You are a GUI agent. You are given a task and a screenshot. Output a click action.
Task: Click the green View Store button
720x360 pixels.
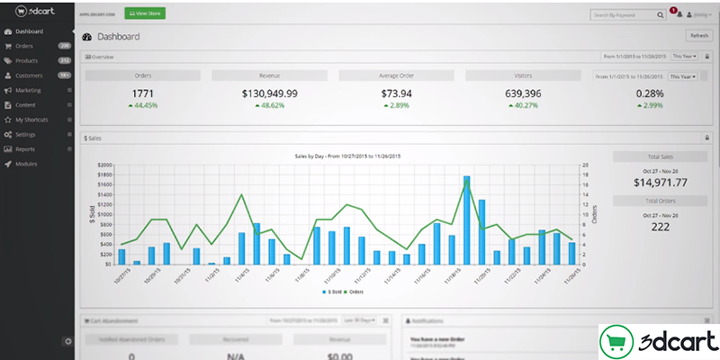pyautogui.click(x=145, y=14)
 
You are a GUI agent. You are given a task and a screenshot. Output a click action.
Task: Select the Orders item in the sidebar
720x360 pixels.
pyautogui.click(x=24, y=46)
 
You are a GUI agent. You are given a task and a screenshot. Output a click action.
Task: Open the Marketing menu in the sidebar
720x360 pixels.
pyautogui.click(x=28, y=90)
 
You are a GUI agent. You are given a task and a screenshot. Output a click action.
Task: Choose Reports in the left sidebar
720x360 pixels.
pyautogui.click(x=25, y=148)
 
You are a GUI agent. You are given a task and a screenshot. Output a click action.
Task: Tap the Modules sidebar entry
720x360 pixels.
pyautogui.click(x=26, y=164)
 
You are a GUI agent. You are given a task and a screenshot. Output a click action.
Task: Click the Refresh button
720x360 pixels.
pyautogui.click(x=698, y=36)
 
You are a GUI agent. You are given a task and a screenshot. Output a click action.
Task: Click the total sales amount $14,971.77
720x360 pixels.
pyautogui.click(x=656, y=183)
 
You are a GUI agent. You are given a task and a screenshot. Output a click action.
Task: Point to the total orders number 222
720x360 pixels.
pyautogui.click(x=656, y=227)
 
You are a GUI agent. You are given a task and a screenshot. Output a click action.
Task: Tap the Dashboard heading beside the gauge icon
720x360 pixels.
pyautogui.click(x=121, y=37)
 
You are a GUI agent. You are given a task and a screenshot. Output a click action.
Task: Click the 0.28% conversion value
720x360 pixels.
pyautogui.click(x=649, y=94)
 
